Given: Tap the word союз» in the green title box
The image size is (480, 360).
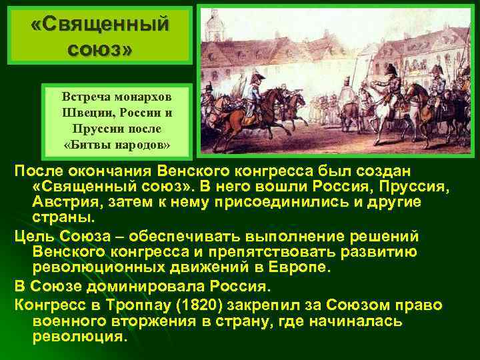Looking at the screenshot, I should [x=100, y=48].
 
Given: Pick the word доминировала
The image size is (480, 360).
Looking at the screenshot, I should [x=139, y=287].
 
